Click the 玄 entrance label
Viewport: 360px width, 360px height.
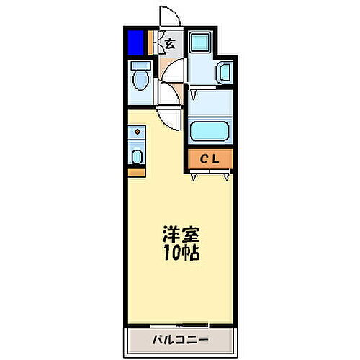(x=169, y=45)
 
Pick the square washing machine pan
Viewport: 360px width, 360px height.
(x=200, y=45)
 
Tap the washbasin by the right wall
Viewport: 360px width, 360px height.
(x=224, y=72)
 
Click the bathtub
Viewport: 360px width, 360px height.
(x=210, y=132)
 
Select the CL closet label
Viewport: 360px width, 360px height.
(x=210, y=159)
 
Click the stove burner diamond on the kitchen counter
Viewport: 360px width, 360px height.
(x=137, y=132)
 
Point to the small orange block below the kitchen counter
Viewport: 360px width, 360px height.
(x=136, y=172)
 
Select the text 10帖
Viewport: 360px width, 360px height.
(x=180, y=253)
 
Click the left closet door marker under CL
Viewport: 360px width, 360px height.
(x=194, y=176)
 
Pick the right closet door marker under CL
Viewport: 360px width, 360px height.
(x=227, y=176)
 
